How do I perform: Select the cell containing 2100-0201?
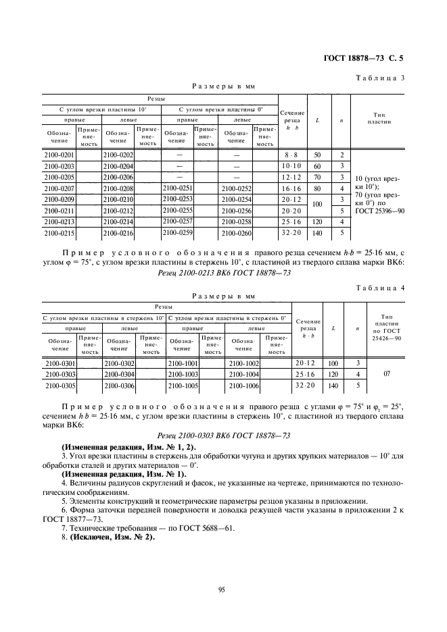58,156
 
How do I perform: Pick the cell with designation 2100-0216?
118,233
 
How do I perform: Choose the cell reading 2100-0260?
236,233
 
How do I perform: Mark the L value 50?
317,156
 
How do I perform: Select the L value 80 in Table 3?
317,188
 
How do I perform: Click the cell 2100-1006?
243,386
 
